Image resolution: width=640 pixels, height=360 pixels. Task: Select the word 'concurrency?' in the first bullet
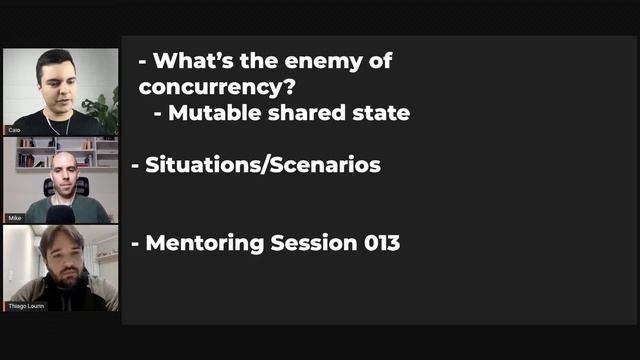pos(206,87)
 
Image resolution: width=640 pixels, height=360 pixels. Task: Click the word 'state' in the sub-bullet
pos(381,113)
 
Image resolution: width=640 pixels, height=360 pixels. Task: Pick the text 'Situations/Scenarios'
pos(262,165)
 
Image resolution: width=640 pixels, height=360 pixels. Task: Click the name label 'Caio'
pos(14,130)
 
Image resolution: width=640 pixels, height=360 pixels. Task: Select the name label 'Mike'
pos(14,218)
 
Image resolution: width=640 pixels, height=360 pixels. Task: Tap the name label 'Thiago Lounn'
pos(25,306)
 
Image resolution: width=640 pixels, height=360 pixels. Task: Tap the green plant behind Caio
pos(101,105)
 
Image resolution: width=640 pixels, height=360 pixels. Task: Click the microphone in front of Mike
pos(61,213)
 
